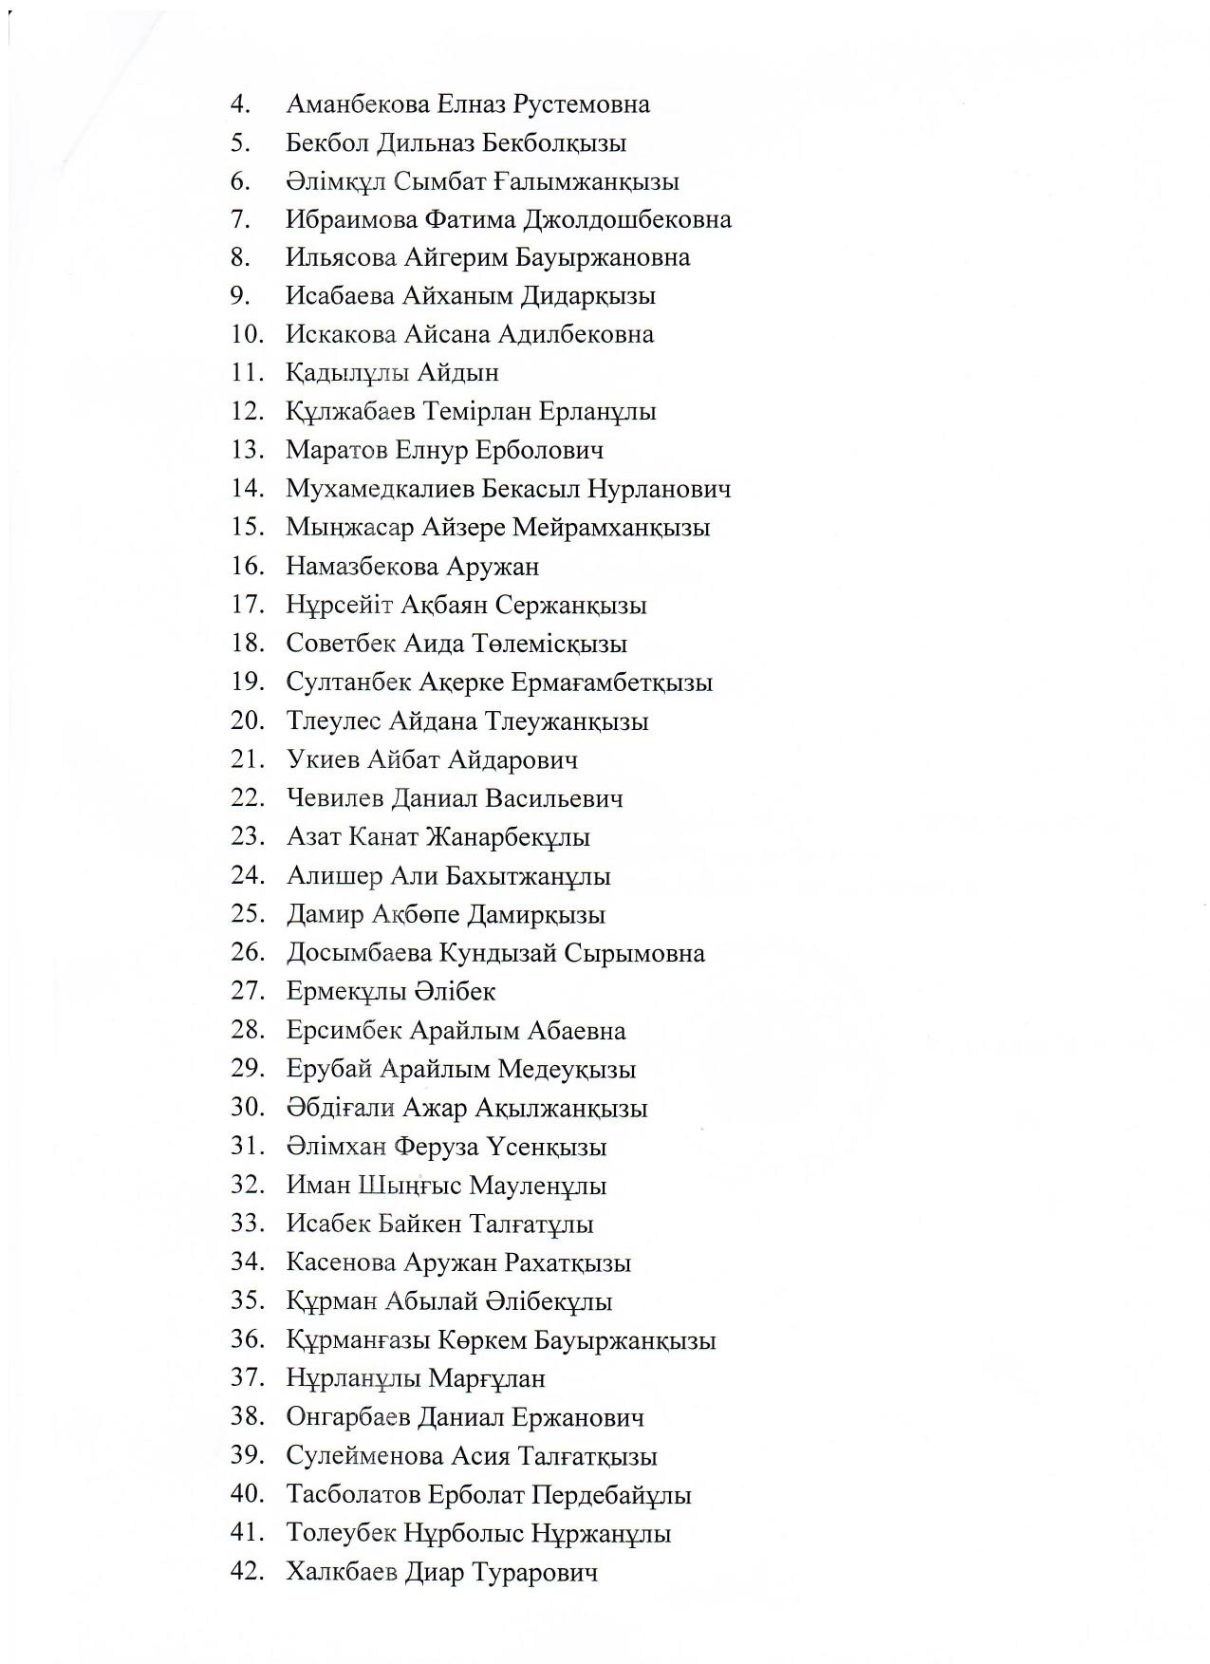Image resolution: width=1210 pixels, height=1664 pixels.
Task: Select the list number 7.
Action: (x=240, y=220)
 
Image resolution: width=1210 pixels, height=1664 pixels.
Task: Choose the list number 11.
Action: (x=245, y=373)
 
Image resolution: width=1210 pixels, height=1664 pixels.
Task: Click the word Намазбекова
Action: (x=363, y=568)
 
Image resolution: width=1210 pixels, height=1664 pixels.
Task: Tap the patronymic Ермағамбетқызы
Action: (x=611, y=683)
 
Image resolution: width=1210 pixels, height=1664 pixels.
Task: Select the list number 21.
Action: (x=245, y=759)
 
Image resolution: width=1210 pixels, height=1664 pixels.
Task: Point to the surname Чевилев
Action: (x=335, y=799)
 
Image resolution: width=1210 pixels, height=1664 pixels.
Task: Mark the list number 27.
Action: (x=245, y=992)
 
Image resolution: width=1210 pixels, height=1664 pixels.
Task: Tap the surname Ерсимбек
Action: (x=344, y=1031)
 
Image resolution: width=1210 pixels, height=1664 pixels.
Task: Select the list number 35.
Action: (x=245, y=1301)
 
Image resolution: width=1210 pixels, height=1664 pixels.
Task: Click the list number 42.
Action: (x=245, y=1572)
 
